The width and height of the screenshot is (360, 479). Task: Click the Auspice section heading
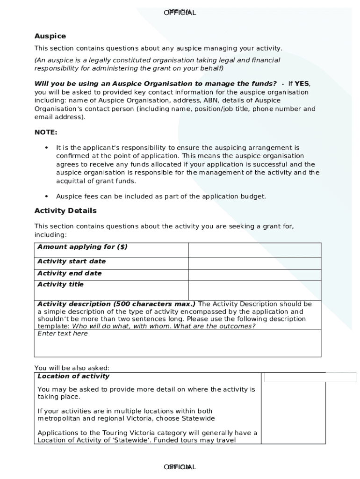click(x=50, y=36)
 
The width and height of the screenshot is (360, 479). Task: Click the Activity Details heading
click(x=65, y=210)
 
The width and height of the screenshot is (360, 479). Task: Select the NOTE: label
click(x=46, y=132)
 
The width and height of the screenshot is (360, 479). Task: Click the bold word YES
click(x=302, y=84)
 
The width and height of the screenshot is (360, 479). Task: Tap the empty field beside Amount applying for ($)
click(x=254, y=250)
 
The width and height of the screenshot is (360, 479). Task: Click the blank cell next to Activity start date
click(x=254, y=263)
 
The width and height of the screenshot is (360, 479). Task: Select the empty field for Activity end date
click(x=254, y=275)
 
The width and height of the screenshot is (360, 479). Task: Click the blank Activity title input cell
click(x=254, y=290)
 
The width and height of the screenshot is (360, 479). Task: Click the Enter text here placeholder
click(x=63, y=334)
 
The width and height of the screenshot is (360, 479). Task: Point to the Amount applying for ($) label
click(x=82, y=247)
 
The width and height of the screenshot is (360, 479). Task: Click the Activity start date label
click(x=72, y=261)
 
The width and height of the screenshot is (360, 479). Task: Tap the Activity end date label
click(x=69, y=273)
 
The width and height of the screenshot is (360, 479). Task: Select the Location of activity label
click(x=73, y=376)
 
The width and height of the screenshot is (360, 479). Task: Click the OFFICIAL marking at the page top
click(x=180, y=13)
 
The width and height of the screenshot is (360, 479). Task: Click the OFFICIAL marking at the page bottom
click(x=180, y=467)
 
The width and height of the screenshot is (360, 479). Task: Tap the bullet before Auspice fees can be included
click(x=46, y=196)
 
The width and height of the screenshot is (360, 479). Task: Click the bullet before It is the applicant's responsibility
click(x=46, y=148)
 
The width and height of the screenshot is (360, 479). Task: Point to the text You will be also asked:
click(x=72, y=368)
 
